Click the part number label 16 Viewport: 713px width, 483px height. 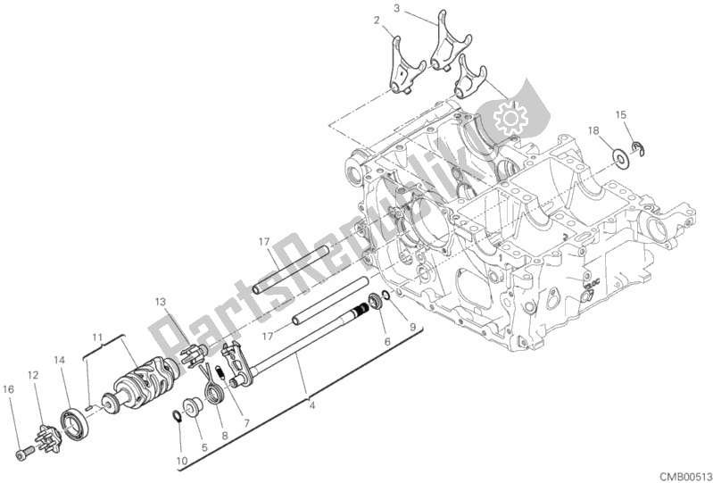(8, 389)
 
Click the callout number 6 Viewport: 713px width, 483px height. (387, 340)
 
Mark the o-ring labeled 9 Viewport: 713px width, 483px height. (385, 297)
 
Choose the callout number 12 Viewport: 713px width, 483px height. (32, 375)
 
